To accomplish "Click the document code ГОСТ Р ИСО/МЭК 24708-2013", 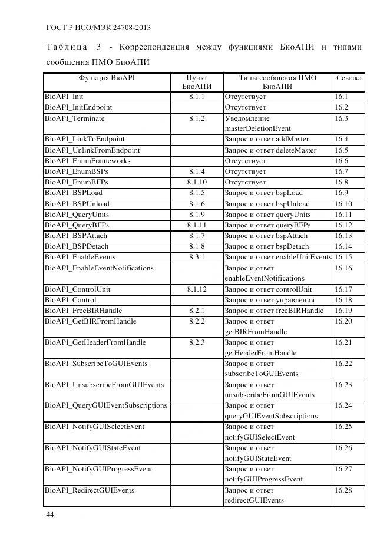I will click(x=97, y=28).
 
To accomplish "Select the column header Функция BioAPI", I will click(x=107, y=78).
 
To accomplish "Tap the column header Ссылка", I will click(x=349, y=78).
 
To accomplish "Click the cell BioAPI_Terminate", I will click(x=74, y=118).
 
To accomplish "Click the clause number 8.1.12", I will click(x=197, y=289).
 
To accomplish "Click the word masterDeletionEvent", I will click(x=257, y=128).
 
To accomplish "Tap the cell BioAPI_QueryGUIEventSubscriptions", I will click(x=106, y=405).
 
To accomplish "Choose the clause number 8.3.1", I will click(x=197, y=257).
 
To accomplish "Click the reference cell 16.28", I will click(x=343, y=490).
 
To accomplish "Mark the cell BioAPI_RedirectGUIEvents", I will click(x=90, y=490).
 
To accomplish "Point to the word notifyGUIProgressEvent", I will click(x=263, y=480).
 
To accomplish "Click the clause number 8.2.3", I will click(x=197, y=342).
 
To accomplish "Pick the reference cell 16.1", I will click(x=341, y=97).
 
